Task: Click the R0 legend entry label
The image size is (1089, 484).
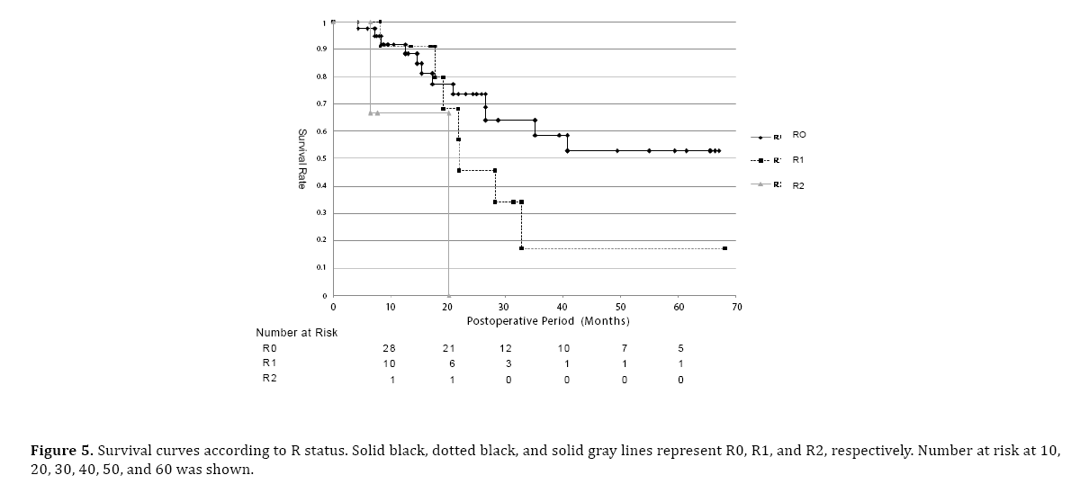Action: coord(799,134)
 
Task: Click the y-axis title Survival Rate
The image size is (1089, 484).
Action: coord(303,158)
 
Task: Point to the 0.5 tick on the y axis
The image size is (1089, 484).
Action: coord(325,158)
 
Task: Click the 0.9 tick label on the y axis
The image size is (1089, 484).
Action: coord(325,49)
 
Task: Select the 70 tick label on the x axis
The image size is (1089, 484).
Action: coord(736,307)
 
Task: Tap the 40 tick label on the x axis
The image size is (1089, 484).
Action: coord(563,307)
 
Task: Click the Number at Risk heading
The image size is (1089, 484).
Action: coord(296,333)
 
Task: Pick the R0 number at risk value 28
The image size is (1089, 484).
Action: coord(390,348)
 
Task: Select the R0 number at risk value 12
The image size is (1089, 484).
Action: coord(508,348)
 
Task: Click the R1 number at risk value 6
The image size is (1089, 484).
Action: coord(452,363)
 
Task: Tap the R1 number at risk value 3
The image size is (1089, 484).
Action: coord(508,363)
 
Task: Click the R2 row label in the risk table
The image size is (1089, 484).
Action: coord(269,379)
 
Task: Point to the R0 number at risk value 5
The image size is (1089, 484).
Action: coord(680,348)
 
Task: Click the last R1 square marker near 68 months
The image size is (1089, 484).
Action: coord(724,248)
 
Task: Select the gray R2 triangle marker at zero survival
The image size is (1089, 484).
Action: coord(448,295)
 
